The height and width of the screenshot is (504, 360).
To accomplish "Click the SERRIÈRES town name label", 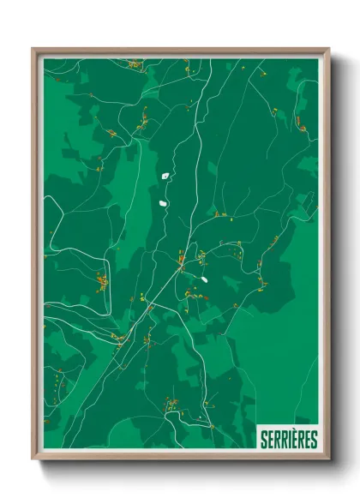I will pos(289,440).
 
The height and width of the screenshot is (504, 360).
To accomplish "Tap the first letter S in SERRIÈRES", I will pos(264,440).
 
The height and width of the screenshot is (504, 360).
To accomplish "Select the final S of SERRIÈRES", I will pos(314,440).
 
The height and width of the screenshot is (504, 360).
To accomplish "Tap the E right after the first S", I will pos(270,440).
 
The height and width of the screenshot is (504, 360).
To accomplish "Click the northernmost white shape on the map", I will pos(165,176).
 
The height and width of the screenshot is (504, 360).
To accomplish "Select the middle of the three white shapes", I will pos(162,203).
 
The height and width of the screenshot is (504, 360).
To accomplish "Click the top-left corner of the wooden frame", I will pos(33,49).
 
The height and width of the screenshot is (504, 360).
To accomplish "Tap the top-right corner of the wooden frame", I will pos(328,49).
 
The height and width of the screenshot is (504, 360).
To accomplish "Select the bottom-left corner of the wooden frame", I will pos(33,459).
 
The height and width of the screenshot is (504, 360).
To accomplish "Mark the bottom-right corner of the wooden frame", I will pos(328,459).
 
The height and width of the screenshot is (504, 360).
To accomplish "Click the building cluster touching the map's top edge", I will pos(135,63).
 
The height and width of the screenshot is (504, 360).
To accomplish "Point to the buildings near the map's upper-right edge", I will pos(299,122).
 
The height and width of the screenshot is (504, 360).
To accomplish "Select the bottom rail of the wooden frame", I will pos(180,456).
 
